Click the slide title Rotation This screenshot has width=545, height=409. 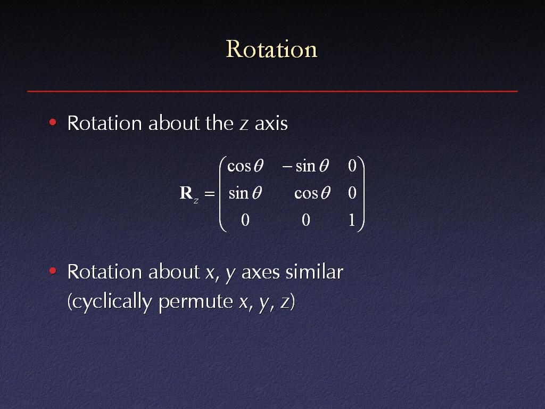[x=271, y=49]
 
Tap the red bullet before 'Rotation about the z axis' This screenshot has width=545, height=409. [x=53, y=122]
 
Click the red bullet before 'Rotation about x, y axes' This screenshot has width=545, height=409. [x=53, y=271]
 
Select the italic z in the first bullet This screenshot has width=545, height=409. [x=244, y=125]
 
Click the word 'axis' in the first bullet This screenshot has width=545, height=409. [x=271, y=124]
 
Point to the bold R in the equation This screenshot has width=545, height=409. [x=186, y=193]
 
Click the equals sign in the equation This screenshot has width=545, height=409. [x=209, y=193]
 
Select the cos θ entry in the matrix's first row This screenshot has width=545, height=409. [x=245, y=166]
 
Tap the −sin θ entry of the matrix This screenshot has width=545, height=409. [x=305, y=166]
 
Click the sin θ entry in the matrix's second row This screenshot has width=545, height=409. [x=245, y=193]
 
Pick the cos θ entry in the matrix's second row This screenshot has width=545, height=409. [x=312, y=193]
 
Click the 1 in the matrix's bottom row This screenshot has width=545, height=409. [x=352, y=220]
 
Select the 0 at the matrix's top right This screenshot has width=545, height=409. [x=352, y=166]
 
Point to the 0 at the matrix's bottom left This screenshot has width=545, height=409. [x=245, y=220]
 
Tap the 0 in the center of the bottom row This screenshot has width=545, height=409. [x=306, y=220]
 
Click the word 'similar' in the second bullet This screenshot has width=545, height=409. [x=315, y=272]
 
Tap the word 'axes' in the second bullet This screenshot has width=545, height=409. [x=261, y=273]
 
